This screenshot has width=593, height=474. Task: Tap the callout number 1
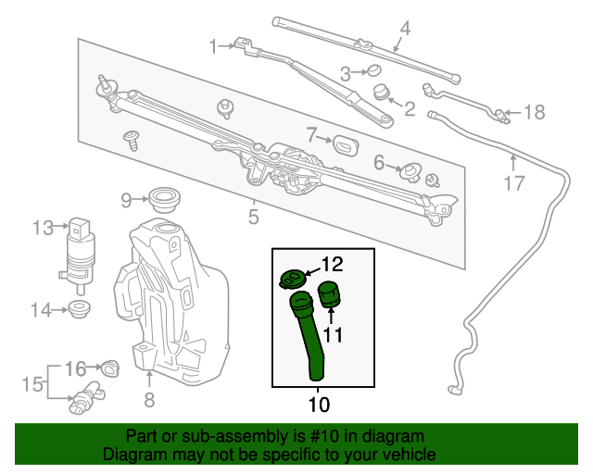click(214, 45)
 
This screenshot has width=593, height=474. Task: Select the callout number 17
click(514, 183)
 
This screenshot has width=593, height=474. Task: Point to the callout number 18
click(536, 113)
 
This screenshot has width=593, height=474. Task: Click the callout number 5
click(253, 218)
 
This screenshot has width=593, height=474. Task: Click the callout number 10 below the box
click(318, 405)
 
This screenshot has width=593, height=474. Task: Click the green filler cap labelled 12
click(293, 278)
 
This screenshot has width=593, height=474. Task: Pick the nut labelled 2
click(380, 92)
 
